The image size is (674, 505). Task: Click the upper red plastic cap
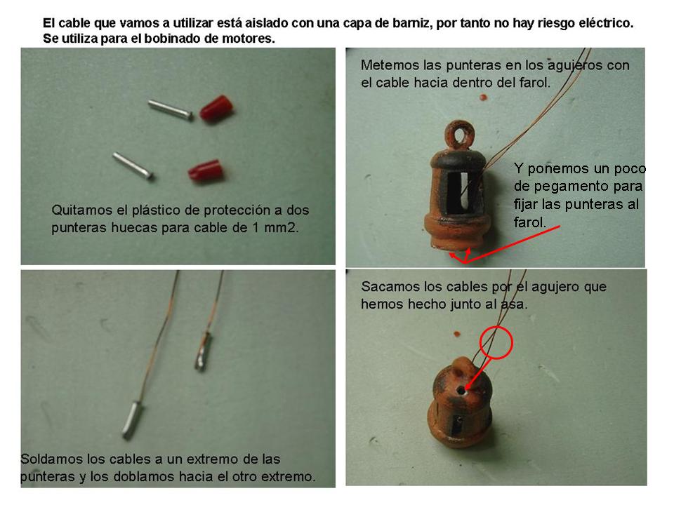pos(216,108)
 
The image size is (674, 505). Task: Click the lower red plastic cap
pos(206,171)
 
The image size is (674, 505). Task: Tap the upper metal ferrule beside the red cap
pos(170,109)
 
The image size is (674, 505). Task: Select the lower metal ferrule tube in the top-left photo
pos(133,166)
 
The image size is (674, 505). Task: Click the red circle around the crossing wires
pos(496,342)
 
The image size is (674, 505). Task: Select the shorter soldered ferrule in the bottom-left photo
pos(204,351)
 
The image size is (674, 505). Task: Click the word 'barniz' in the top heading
pos(411,22)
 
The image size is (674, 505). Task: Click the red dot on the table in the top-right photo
pos(483,97)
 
